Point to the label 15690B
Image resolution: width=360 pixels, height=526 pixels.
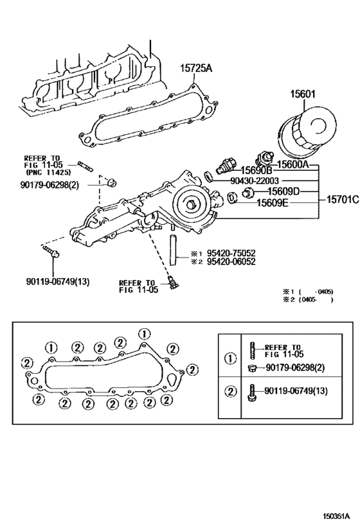pos(256,171)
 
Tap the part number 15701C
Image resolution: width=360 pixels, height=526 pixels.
pos(340,199)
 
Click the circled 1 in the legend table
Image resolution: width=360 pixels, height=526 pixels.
pos(230,358)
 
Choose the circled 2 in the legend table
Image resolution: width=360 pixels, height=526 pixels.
pos(230,391)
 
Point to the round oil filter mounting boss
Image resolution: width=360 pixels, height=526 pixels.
pos(191,204)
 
